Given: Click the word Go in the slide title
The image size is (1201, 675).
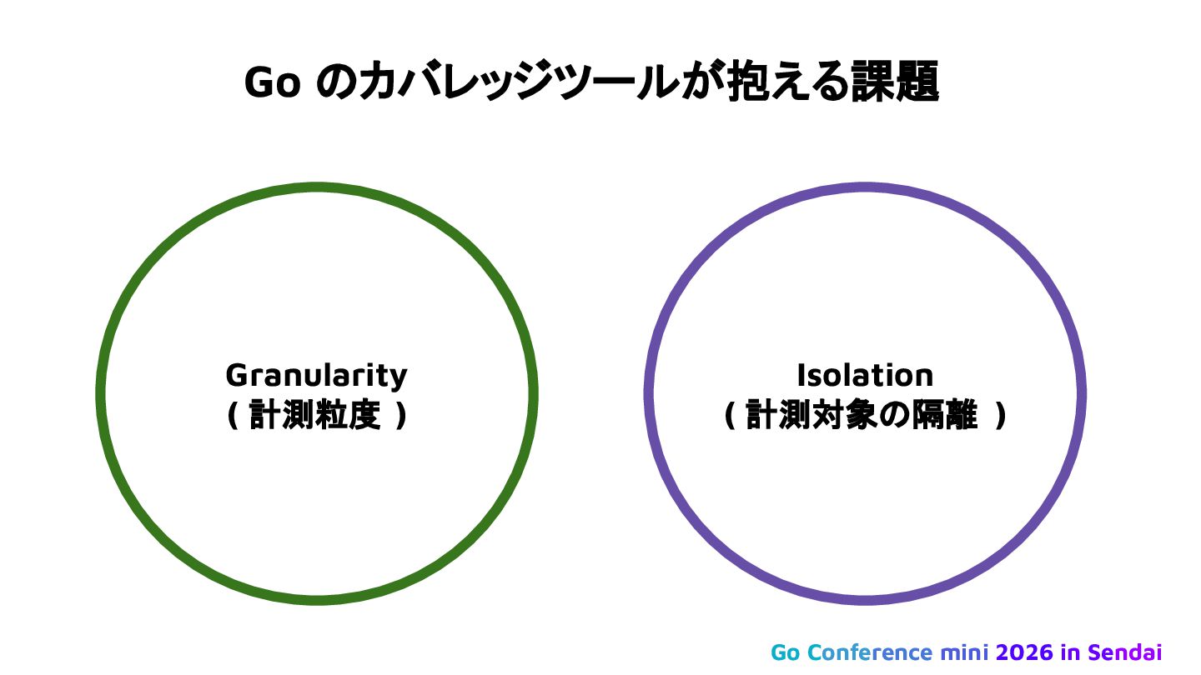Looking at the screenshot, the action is point(272,82).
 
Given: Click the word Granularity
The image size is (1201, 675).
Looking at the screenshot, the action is point(317,375).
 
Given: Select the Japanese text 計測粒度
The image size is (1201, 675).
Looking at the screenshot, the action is point(317,415).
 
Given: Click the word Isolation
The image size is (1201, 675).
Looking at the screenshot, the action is point(865,375).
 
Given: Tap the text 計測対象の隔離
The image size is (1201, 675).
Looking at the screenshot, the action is point(862,415).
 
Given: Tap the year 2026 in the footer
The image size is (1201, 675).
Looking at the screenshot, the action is point(1026,652).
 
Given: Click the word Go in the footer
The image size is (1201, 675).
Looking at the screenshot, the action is point(785,652).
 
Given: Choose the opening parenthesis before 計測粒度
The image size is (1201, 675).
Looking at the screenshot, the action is point(232,415).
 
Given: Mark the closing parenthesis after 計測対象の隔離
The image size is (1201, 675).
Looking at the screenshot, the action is point(1001,415).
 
